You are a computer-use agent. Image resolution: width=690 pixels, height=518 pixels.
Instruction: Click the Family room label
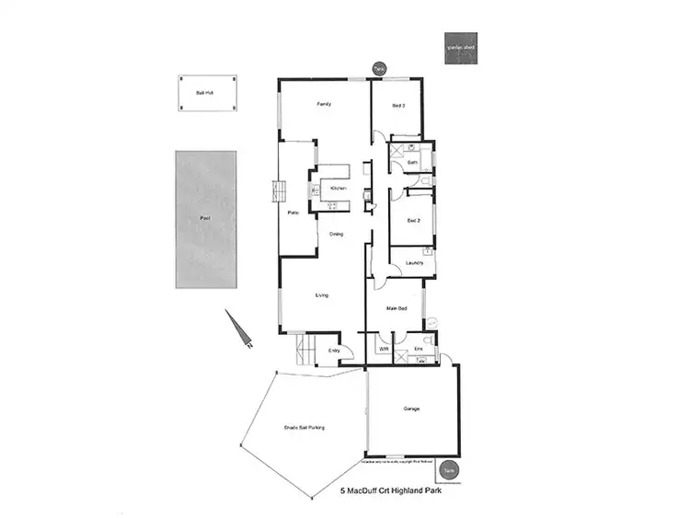[x=324, y=105]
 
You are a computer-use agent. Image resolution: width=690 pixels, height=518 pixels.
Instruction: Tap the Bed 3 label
[x=398, y=105]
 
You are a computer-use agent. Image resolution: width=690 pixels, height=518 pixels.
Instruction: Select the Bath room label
[x=412, y=162]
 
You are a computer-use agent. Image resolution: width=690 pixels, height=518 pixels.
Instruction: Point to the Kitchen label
[x=338, y=189]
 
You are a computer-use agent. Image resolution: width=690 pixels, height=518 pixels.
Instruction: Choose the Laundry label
[x=414, y=264]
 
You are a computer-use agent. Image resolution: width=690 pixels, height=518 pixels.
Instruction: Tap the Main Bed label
[x=397, y=308]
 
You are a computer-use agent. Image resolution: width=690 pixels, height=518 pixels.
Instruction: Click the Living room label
[x=322, y=295]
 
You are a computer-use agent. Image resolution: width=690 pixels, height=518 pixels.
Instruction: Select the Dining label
[x=337, y=234]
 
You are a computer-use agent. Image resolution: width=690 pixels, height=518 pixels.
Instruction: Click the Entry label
[x=334, y=351]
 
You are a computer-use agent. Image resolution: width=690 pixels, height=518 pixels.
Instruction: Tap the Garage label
[x=411, y=409]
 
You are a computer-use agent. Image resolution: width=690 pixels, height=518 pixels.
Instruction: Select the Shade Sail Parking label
[x=303, y=428]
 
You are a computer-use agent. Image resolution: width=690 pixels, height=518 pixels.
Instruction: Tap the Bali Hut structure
[x=205, y=93]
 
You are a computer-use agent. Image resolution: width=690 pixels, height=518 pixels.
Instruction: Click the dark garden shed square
[x=460, y=52]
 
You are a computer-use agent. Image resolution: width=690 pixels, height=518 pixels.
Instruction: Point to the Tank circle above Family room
[x=378, y=68]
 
